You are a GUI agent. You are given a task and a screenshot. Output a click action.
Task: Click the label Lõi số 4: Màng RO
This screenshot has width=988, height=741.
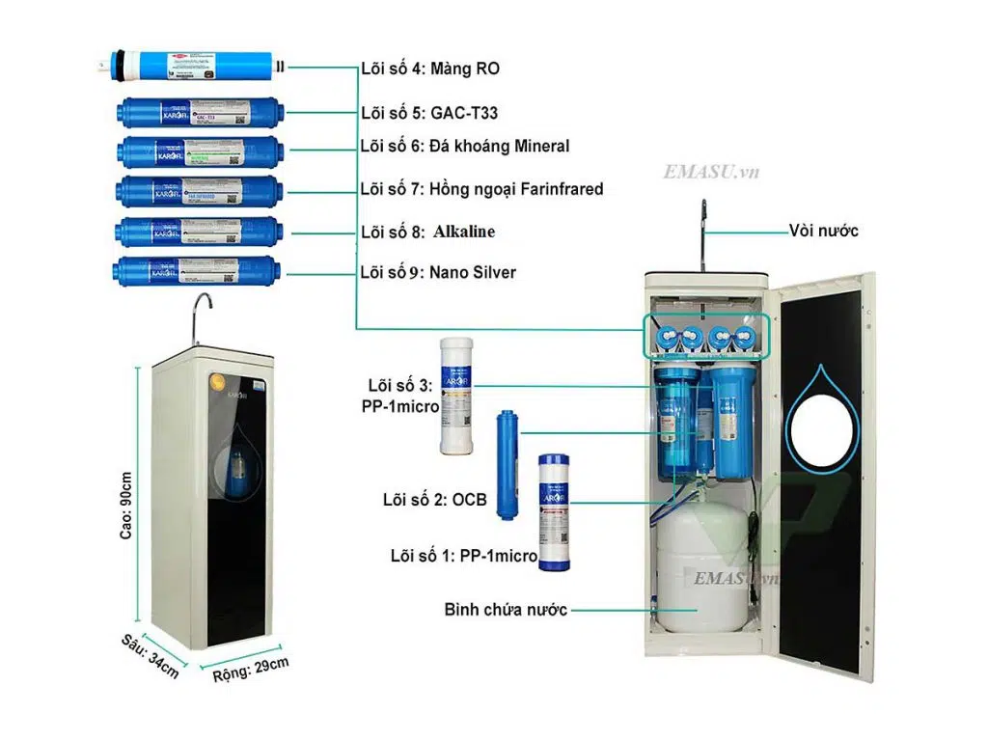pos(429,69)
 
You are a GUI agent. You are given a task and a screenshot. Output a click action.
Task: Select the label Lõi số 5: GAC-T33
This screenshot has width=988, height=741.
pos(429,113)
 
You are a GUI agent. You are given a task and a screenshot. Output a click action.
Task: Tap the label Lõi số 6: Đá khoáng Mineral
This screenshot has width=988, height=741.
pos(464,147)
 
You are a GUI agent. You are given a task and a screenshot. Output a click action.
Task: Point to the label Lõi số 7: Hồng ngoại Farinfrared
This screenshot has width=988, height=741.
pos(481,189)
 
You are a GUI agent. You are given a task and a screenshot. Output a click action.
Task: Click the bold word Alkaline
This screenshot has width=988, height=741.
pos(464,232)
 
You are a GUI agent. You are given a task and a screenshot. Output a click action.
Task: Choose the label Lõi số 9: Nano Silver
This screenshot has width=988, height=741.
pos(438,272)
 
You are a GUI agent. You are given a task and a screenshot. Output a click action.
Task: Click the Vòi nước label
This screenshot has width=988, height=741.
pos(823,231)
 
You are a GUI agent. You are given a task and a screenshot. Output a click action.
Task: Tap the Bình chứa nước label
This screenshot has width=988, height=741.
pos(506,610)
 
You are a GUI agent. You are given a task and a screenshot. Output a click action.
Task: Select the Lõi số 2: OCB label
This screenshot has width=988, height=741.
pos(434,500)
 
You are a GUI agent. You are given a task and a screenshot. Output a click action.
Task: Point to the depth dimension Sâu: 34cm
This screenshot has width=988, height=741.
pos(151,657)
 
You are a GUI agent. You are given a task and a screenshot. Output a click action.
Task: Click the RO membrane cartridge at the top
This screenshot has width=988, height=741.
pos(193,67)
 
